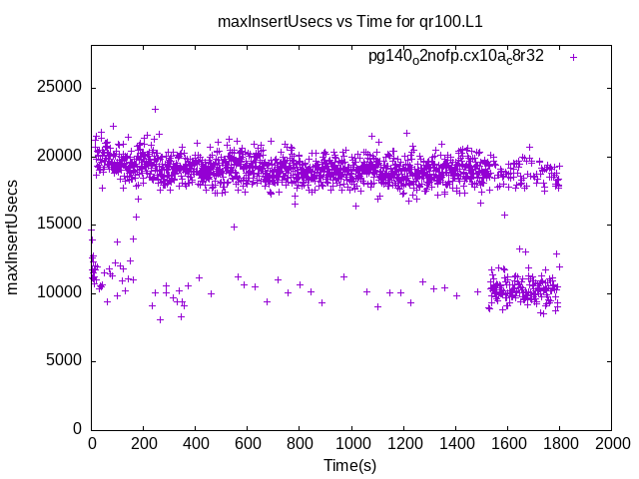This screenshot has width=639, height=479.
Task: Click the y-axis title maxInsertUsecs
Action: pyautogui.click(x=13, y=238)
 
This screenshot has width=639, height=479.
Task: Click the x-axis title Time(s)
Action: pyautogui.click(x=349, y=465)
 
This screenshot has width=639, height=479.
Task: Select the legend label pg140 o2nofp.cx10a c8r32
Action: pyautogui.click(x=456, y=56)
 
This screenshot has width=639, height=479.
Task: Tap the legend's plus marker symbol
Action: pyautogui.click(x=573, y=57)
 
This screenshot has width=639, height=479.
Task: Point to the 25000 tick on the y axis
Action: pyautogui.click(x=60, y=88)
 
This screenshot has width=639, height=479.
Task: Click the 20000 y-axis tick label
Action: pyautogui.click(x=60, y=156)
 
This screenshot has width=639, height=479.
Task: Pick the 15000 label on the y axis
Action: pyautogui.click(x=60, y=224)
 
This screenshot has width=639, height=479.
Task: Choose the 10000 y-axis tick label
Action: pyautogui.click(x=60, y=292)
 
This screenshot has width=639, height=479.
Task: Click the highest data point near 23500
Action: pyautogui.click(x=155, y=109)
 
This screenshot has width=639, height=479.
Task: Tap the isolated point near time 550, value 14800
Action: pyautogui.click(x=234, y=227)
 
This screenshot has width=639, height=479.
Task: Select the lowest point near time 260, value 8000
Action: pyautogui.click(x=160, y=319)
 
